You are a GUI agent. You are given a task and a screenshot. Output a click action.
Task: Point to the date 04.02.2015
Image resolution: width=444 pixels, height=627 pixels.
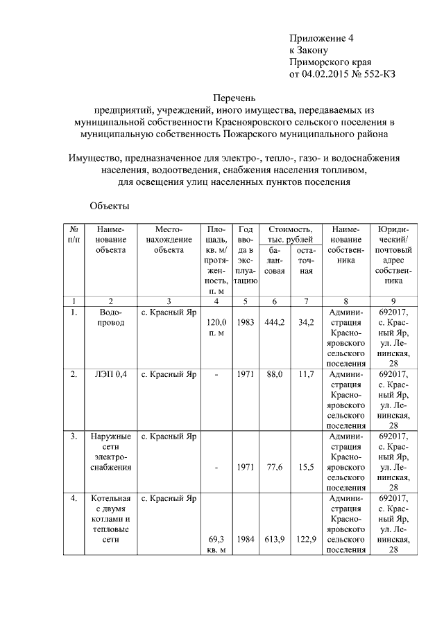pos(326,73)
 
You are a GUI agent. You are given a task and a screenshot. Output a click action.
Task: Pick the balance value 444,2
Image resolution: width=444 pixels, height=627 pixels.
pos(275,323)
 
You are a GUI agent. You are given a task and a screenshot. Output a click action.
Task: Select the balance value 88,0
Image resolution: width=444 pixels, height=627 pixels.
pos(275,375)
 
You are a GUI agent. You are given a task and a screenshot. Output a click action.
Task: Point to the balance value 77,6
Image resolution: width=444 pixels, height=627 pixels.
pos(275,468)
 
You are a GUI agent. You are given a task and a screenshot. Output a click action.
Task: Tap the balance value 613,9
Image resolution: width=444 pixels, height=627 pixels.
pos(275,539)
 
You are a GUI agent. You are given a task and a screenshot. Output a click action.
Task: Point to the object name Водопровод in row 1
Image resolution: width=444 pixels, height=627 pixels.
pos(111,318)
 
